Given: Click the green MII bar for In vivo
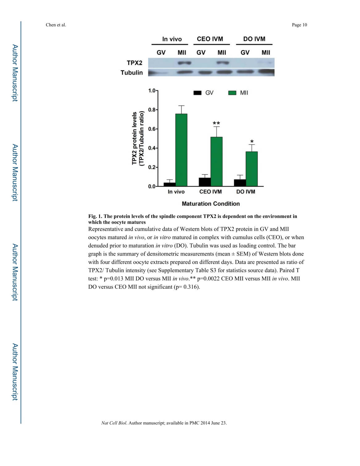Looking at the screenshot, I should (181, 150).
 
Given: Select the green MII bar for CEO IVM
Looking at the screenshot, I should (216, 162).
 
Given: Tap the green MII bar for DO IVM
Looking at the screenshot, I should (251, 169).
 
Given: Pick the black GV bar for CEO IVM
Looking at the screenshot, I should (205, 182).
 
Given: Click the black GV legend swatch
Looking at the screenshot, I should (197, 93).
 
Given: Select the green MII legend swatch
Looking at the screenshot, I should (232, 93).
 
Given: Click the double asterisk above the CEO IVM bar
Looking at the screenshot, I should (216, 123).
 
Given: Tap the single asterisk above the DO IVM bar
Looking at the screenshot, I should (252, 142).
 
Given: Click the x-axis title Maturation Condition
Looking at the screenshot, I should (211, 204).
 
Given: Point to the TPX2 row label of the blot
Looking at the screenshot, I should (134, 63).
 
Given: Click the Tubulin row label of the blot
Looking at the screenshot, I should (132, 73).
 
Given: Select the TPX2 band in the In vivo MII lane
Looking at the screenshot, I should (184, 63).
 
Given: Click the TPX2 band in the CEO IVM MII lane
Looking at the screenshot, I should (222, 63).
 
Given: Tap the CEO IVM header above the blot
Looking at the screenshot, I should (210, 39).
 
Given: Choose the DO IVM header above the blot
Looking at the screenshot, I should (254, 39).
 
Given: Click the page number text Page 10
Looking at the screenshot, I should (299, 25).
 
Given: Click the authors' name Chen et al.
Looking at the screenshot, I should (56, 25).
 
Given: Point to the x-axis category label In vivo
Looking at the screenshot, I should (176, 192).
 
